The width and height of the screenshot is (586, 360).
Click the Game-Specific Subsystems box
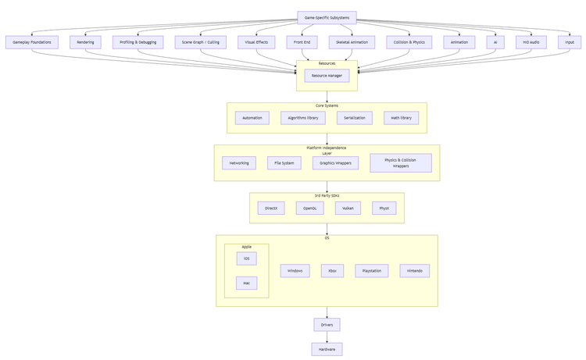(327, 17)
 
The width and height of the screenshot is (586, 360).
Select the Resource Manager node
(327, 76)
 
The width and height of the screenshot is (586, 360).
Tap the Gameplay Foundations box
(32, 42)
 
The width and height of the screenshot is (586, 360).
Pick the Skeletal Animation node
(352, 42)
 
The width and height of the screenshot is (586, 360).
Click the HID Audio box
(531, 42)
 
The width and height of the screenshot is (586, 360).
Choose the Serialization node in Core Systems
(354, 118)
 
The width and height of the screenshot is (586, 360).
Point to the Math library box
(401, 118)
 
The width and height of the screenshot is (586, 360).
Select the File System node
(284, 163)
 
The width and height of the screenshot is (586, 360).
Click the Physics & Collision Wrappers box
(400, 162)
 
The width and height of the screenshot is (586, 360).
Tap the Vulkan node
(348, 209)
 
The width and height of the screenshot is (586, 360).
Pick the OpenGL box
(309, 209)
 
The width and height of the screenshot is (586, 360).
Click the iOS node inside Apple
(246, 258)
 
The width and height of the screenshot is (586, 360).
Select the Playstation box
(371, 271)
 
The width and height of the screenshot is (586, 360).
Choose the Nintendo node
(414, 271)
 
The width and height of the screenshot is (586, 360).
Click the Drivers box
(327, 325)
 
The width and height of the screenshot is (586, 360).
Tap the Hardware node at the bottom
(327, 349)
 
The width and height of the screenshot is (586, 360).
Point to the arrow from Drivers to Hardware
(327, 337)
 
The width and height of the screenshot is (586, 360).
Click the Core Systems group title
(327, 105)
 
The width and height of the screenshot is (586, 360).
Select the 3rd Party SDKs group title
(327, 195)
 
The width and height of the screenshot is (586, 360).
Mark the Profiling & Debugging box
(138, 42)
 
